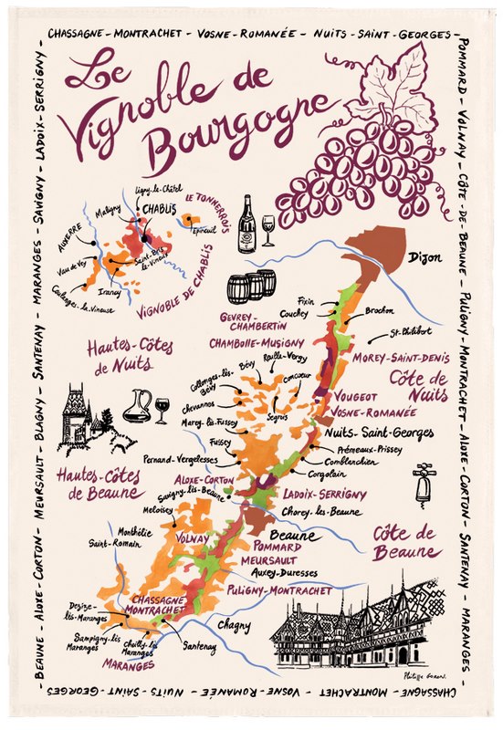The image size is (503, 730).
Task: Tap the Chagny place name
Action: pos(236,625)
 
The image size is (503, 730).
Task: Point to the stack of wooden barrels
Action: pos(251,287)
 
